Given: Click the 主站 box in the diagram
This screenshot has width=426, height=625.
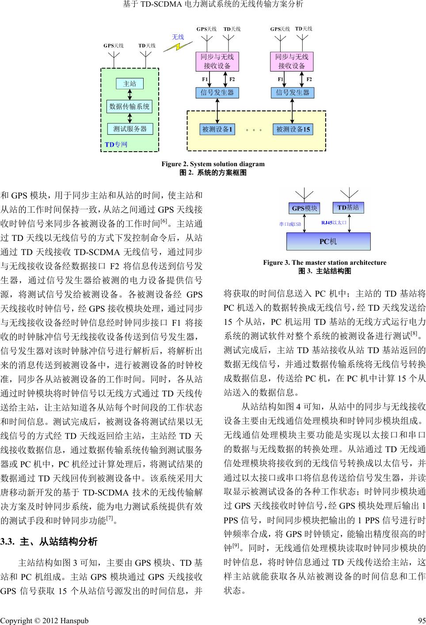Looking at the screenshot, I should click(x=129, y=84).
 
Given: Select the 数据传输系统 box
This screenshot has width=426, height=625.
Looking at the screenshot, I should click(x=129, y=106).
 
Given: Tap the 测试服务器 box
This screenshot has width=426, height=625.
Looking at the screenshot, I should click(x=130, y=129).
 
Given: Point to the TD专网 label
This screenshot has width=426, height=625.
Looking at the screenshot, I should click(x=116, y=145).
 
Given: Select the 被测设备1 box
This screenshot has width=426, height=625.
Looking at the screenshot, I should click(x=217, y=129).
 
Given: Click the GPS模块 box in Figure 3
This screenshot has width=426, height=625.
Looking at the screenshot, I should click(x=305, y=208).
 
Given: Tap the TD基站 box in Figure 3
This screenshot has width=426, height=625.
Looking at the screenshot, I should click(x=348, y=207).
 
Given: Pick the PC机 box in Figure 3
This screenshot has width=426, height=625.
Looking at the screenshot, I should click(x=328, y=241).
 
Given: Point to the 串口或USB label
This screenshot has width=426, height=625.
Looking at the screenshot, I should click(x=290, y=224).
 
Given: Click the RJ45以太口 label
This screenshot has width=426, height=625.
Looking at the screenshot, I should click(x=334, y=223).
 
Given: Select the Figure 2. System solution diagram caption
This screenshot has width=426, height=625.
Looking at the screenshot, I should click(x=213, y=164).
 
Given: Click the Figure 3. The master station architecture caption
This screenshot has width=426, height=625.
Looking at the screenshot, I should click(x=324, y=263).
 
